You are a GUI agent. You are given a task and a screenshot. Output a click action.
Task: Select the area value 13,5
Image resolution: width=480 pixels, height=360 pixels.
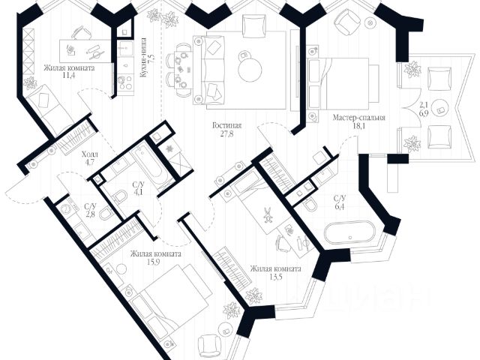pos(276,278)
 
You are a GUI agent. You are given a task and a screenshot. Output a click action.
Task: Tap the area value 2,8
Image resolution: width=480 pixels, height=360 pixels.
pos(90,216)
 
